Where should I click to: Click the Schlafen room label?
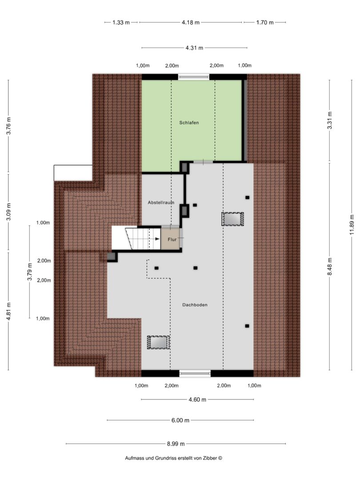pos(189,123)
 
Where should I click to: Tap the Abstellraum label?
pos(161,203)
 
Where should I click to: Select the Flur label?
pos(172,240)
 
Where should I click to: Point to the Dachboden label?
pos(195,305)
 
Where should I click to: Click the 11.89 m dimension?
pos(352,225)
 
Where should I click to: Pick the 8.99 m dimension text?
pos(176,444)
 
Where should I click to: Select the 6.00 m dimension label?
pos(180,420)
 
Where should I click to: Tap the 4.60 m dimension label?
pos(197,400)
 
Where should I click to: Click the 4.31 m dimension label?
pos(194,48)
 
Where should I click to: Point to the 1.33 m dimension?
pos(121,22)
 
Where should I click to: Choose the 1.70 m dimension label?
pos(265,22)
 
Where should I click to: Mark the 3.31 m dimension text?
pos(330,120)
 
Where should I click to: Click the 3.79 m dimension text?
pos(30,272)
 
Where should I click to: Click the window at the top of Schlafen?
pos(194,77)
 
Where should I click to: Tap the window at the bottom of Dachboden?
pos(195,373)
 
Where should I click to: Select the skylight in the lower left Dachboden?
pos(158,342)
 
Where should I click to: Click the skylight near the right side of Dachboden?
pos(232,219)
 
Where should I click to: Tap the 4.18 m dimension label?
pos(190,22)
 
